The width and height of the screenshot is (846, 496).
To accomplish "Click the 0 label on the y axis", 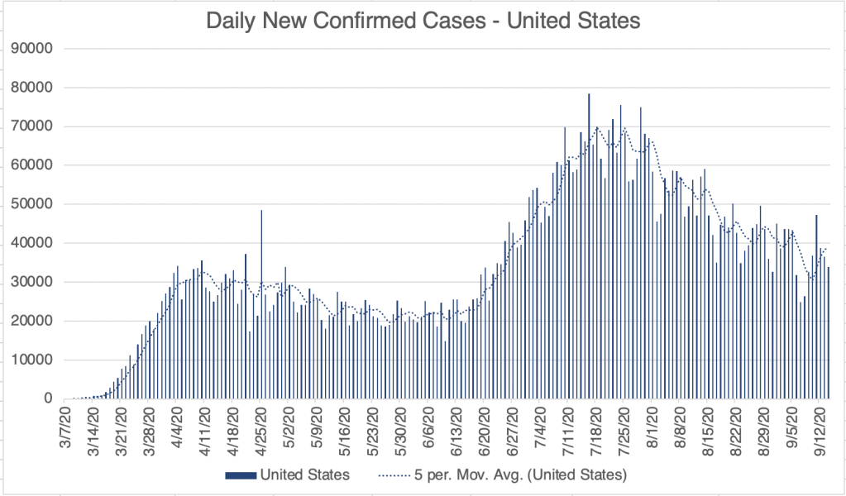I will (x=49, y=399).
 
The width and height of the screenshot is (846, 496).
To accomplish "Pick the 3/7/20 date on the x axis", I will (x=65, y=424).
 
